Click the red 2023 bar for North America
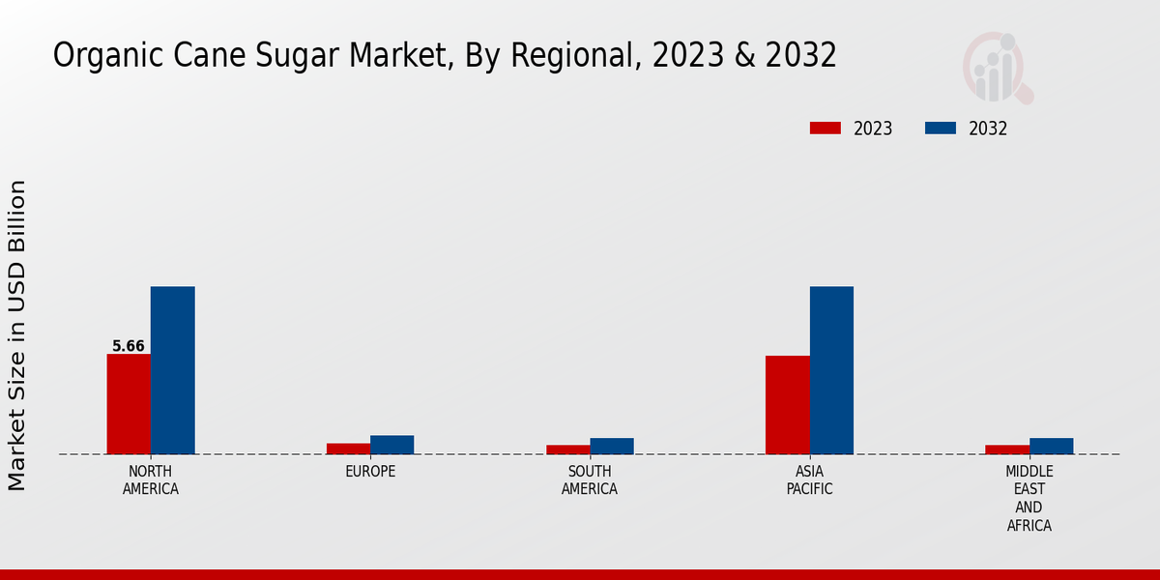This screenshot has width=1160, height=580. click(129, 404)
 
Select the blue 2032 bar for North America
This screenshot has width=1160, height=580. click(172, 370)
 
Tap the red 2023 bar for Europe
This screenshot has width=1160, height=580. click(348, 449)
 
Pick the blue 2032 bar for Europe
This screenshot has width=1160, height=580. click(391, 445)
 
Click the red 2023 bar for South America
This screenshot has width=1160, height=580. click(567, 449)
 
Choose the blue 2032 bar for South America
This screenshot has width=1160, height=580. click(612, 446)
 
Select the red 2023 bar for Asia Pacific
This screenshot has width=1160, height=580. click(787, 405)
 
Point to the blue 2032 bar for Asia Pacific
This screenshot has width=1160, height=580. click(831, 370)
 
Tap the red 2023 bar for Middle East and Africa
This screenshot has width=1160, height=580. click(1006, 449)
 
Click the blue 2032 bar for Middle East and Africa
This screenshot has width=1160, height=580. click(1051, 446)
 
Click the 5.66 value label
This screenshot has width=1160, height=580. click(129, 346)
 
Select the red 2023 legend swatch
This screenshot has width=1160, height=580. click(826, 129)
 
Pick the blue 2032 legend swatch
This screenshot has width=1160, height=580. click(941, 129)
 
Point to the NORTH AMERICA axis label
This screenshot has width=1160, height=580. click(151, 480)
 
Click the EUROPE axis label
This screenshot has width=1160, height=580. click(370, 472)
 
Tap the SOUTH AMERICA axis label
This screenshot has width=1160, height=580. click(590, 480)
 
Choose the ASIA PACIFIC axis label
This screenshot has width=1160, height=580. click(809, 480)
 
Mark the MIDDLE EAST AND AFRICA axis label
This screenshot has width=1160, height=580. click(1029, 499)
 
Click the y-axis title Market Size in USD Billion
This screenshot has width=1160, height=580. click(17, 334)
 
